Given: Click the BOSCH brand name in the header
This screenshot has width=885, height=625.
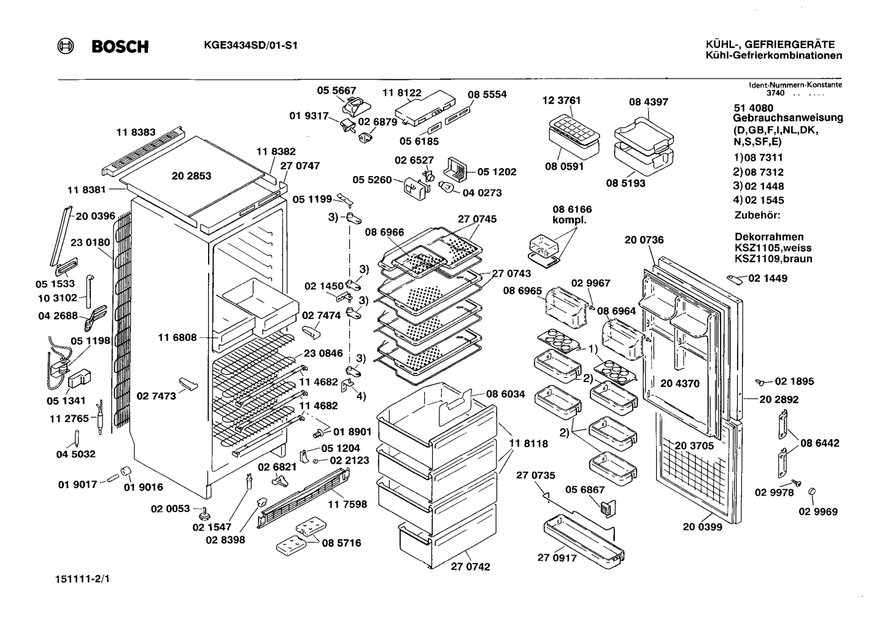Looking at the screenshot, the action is tap(120, 47).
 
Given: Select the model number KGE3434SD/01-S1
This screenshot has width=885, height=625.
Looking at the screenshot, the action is tap(250, 45).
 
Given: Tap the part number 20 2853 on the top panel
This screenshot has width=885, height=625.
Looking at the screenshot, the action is tap(191, 175).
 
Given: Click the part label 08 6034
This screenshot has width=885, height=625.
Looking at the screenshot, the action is tap(505, 394).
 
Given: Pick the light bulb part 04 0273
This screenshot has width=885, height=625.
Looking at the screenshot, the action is tap(447, 186).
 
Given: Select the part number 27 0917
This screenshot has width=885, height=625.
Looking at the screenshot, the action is tap(557, 558).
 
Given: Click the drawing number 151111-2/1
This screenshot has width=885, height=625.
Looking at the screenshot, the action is tap(83, 579).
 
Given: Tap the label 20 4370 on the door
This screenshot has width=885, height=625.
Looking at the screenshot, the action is tap(680, 383).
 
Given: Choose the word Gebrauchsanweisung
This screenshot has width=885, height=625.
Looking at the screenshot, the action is tap(788, 118).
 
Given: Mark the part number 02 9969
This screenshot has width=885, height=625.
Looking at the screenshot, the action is tap(818, 512).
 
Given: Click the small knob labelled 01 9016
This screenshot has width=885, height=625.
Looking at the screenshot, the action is tap(126, 471).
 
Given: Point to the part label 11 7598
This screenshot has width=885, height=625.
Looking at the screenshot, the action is tap(347, 504).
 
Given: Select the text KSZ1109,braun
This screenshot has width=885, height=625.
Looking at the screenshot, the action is tap(773, 259).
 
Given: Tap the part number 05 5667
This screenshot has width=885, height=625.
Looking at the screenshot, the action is tap(336, 90).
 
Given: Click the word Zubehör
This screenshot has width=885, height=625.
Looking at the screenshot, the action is tap(757, 215).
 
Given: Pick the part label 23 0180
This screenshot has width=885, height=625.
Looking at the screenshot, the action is tap(90, 242).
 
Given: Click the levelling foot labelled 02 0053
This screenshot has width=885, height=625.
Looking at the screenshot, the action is tap(204, 513).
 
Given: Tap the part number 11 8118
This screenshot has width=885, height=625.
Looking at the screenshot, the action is tap(528, 443).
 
